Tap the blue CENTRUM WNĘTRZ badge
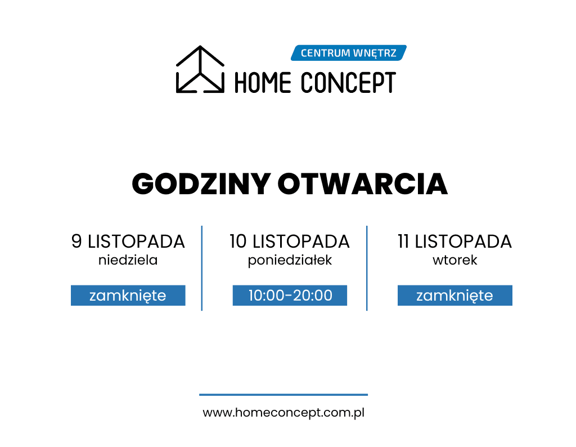[349, 53]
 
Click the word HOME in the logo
[263, 83]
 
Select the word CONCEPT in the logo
[348, 83]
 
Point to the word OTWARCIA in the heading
[363, 184]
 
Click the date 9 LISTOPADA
[128, 242]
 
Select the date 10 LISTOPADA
[290, 242]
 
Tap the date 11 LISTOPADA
[454, 242]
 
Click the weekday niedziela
[128, 260]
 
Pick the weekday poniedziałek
[290, 260]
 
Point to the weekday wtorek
[454, 260]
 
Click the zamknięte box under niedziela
[128, 295]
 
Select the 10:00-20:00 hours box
[290, 295]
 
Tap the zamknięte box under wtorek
[454, 295]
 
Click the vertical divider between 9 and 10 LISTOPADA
[202, 269]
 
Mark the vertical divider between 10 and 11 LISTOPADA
[367, 269]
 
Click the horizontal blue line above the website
[283, 395]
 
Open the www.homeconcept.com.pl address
[283, 413]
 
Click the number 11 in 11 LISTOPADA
[403, 242]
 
